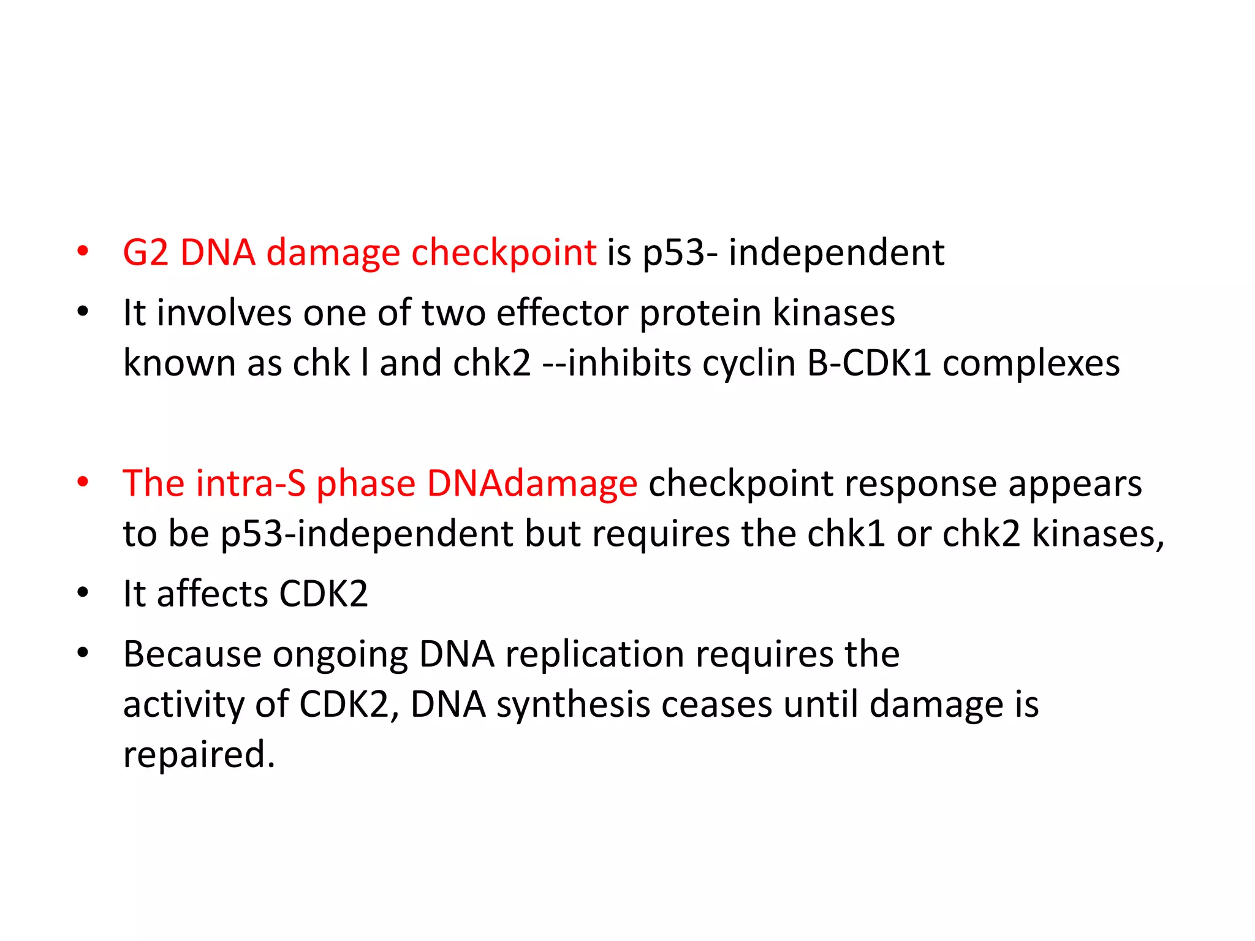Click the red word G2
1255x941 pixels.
[145, 252]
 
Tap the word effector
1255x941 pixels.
[562, 312]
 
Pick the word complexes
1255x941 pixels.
[1031, 363]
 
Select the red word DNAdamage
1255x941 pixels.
[532, 483]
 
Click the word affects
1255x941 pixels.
[212, 594]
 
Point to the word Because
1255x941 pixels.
[192, 654]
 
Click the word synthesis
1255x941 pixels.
[573, 705]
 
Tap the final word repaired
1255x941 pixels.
[199, 754]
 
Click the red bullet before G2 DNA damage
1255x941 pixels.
[83, 251]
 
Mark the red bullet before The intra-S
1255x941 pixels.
[83, 482]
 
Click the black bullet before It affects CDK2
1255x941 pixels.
[83, 592]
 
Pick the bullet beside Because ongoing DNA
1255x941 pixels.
[83, 652]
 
